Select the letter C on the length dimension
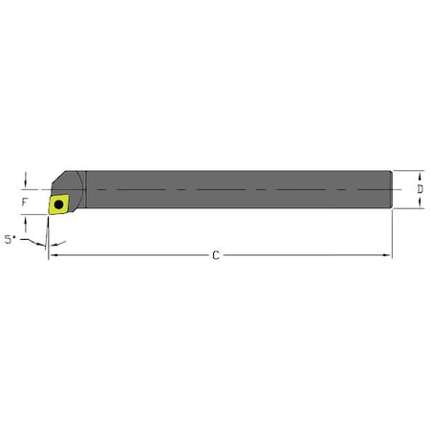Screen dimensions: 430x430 217,255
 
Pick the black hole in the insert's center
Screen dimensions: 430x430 58,203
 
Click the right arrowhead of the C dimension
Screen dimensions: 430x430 388,255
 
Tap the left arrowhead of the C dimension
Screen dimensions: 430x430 54,255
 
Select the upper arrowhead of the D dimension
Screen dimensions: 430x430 419,174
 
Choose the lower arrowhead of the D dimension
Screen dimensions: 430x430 419,204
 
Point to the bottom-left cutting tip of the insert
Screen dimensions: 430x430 48,213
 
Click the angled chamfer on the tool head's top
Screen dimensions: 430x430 60,180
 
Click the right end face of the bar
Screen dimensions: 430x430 391,189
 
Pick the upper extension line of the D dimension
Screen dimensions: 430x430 409,171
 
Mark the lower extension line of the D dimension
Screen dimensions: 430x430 409,208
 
